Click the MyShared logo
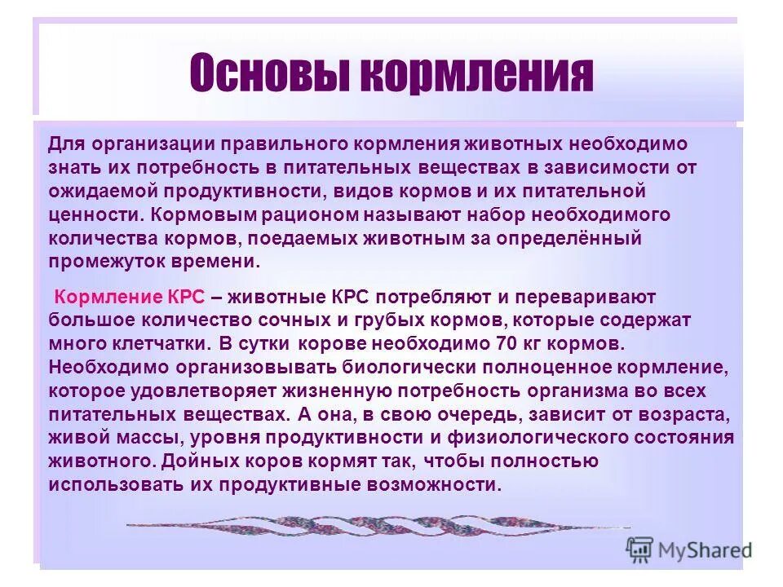click(689, 549)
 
